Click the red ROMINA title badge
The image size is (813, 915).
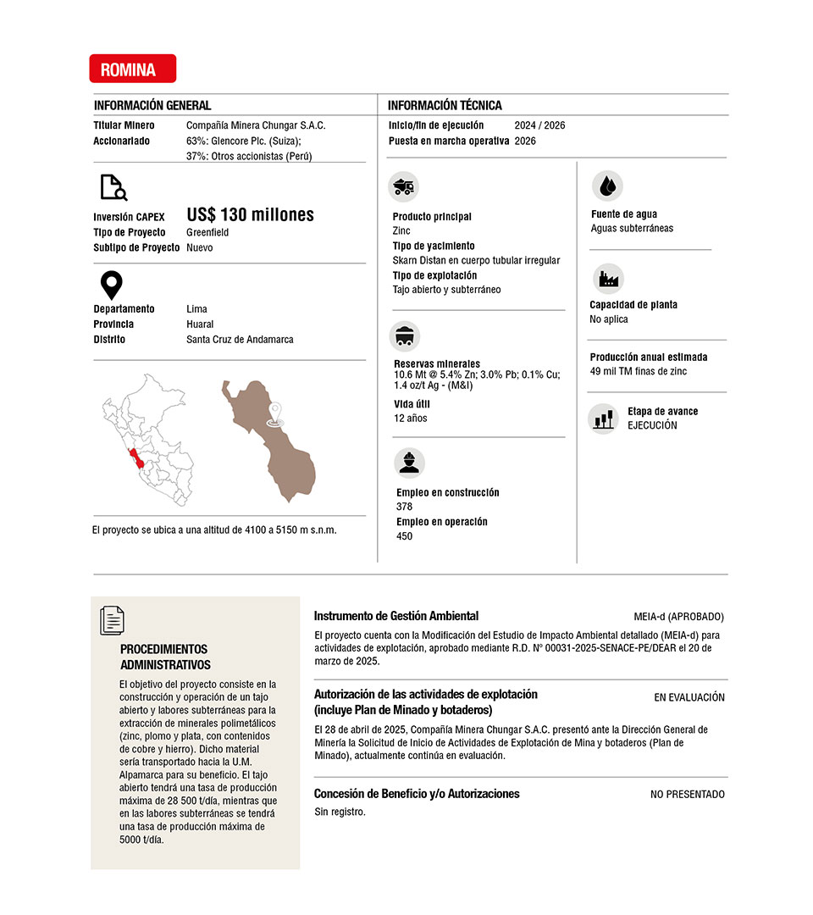pos(132,69)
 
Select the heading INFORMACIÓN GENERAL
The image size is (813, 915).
pos(152,106)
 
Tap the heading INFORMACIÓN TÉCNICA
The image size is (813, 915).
pos(445,106)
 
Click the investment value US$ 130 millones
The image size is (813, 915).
pos(250,215)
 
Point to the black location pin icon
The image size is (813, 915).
pos(112,286)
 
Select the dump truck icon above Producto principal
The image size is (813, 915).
pos(404,186)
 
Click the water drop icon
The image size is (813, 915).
pos(606,186)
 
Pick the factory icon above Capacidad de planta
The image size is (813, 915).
pos(606,278)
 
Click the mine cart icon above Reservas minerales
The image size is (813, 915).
pos(404,335)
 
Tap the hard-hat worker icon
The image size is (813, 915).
pos(410,463)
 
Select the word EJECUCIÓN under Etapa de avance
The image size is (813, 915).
pos(652,425)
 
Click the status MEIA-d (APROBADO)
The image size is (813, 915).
pos(678,617)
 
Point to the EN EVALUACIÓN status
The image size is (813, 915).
pos(689,697)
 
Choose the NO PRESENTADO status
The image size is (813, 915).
pos(687,795)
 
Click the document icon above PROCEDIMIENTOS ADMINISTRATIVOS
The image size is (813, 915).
pos(112,620)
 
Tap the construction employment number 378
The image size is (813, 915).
pos(405,507)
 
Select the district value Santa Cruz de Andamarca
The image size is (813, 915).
pos(240,340)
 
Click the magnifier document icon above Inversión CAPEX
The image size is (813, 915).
pos(113,187)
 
